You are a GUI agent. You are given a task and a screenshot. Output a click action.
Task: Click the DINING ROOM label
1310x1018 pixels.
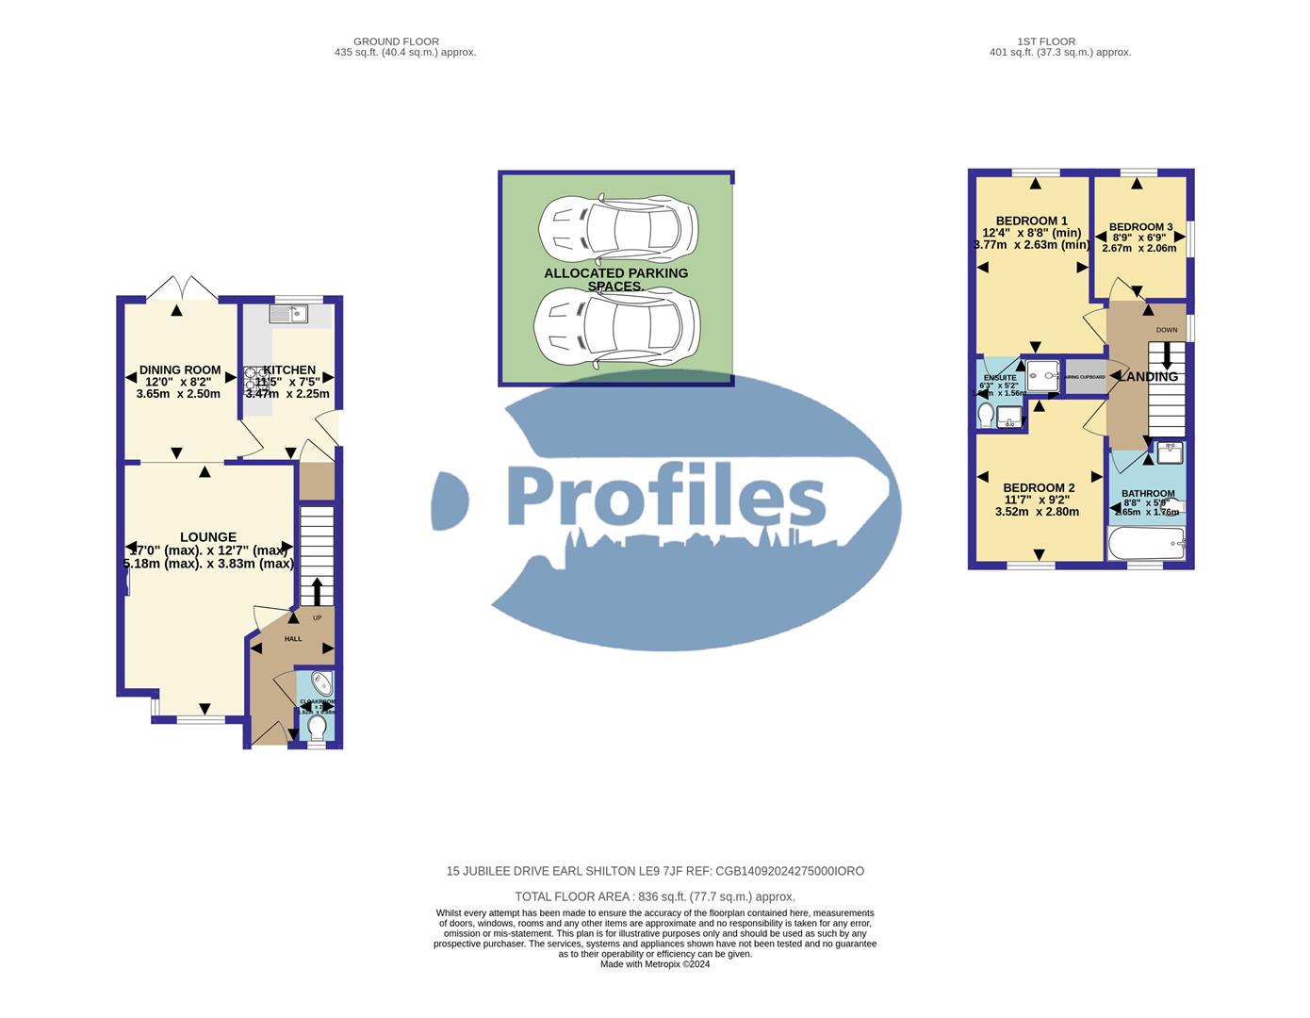[179, 370]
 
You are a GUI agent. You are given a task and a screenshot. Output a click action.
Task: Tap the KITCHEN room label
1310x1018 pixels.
[289, 370]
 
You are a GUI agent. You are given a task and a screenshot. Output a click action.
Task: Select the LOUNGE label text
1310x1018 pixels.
[208, 537]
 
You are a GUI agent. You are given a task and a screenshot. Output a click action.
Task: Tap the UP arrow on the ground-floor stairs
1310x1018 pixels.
[316, 591]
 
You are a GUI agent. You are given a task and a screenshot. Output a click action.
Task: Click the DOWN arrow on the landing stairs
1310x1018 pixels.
[1167, 355]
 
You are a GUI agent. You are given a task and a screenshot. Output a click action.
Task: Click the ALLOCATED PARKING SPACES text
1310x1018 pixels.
[615, 279]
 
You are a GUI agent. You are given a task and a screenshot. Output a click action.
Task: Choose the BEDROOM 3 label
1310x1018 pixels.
[1140, 227]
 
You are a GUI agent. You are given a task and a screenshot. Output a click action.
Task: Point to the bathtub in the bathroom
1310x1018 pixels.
[1146, 544]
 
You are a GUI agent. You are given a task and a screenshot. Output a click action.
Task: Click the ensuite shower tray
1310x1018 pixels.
[1042, 375]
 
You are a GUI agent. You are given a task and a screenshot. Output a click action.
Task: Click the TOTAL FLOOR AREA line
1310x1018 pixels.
[654, 896]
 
